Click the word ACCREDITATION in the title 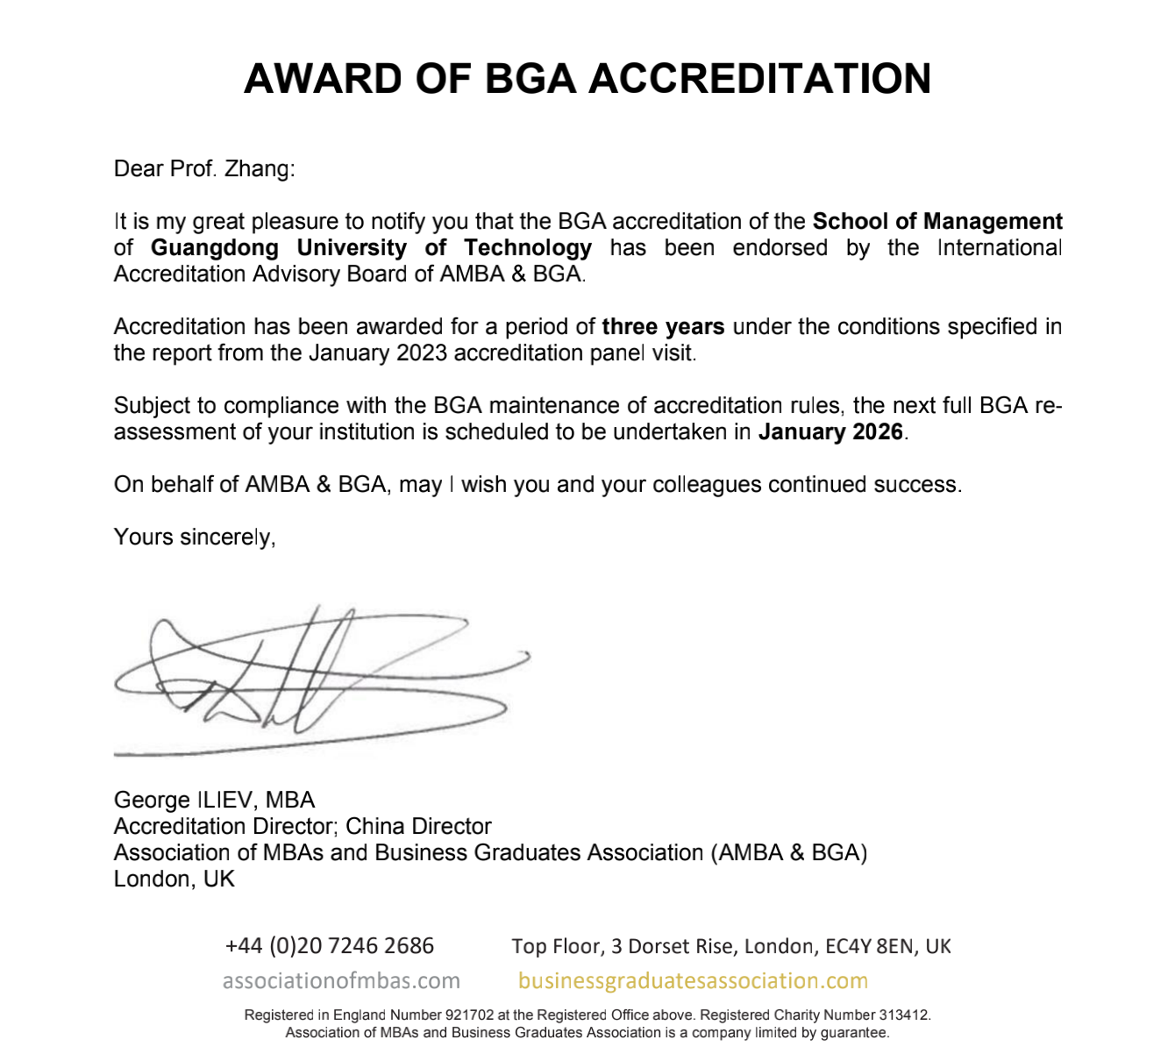point(759,79)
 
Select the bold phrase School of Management point(937,221)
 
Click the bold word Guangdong point(215,248)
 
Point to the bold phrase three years point(663,327)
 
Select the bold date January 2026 point(830,432)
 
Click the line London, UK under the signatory point(174,879)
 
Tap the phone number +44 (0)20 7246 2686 point(330,946)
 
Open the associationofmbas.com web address point(341,980)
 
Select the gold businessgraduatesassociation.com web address point(693,980)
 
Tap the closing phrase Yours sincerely point(194,537)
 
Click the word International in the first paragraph point(1000,248)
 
